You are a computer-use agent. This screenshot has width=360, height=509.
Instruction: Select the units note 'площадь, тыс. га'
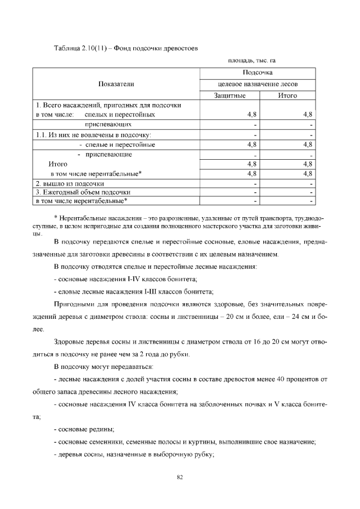point(251,60)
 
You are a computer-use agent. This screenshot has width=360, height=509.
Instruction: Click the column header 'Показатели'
point(116,84)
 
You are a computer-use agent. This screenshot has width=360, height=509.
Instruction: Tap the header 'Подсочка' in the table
point(258,73)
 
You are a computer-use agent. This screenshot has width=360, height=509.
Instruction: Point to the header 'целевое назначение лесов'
point(258,84)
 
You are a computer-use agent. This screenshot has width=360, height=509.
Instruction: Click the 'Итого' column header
point(287,96)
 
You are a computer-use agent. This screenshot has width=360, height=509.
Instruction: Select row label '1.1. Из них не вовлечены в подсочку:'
point(93,134)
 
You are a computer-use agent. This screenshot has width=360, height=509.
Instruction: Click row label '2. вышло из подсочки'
point(70,183)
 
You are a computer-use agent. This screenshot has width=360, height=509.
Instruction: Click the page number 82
point(180,478)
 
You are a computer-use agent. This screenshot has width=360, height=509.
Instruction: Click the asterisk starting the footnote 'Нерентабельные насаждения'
point(55,218)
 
